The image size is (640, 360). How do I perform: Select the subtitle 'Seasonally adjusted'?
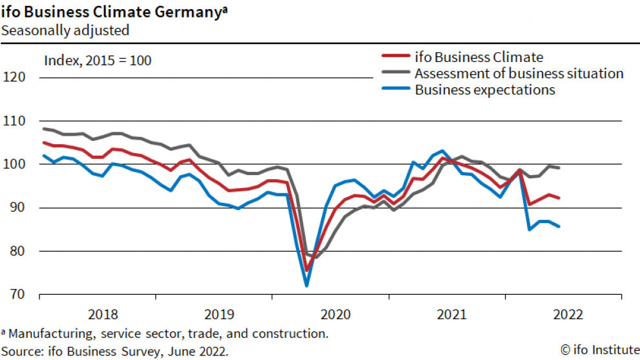pos(65,30)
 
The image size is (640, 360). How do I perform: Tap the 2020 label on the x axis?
pos(336,315)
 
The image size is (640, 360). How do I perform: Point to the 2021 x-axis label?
pos(453,315)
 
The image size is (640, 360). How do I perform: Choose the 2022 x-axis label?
pos(569,315)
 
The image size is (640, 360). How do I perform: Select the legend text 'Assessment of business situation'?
pos(519,73)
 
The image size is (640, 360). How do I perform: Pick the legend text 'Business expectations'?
pos(485,90)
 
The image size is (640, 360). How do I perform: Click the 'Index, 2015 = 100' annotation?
pos(98,61)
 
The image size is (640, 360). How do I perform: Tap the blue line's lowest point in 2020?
pos(306,285)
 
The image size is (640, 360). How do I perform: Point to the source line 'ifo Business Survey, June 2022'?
pos(135,351)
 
